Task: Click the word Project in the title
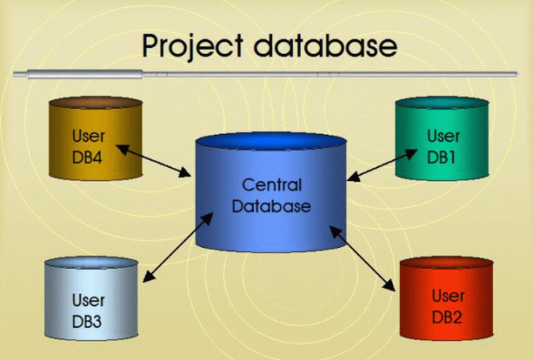tap(192, 46)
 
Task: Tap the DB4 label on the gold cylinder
tap(87, 158)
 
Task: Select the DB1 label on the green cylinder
tap(441, 157)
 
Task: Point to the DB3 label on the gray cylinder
tap(87, 322)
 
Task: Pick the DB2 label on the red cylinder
tap(447, 317)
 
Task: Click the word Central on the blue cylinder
tap(272, 185)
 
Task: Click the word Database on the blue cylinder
tap(271, 206)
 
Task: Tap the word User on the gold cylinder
tap(89, 136)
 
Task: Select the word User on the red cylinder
tap(448, 296)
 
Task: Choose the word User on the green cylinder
tap(444, 136)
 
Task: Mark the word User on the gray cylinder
tap(89, 300)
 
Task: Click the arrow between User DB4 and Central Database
tap(154, 161)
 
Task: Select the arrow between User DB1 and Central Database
tap(382, 165)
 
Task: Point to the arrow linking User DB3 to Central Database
tap(178, 247)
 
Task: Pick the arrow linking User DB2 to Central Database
tap(363, 258)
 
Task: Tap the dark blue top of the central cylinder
tap(271, 141)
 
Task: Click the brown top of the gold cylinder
tap(96, 103)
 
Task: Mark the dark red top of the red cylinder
tap(446, 263)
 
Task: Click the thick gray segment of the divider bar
tap(85, 74)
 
